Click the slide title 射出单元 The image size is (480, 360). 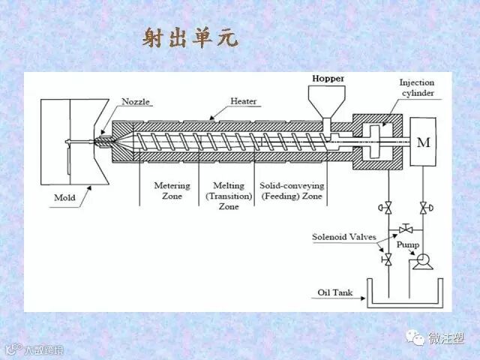click(190, 38)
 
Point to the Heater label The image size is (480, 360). click(243, 100)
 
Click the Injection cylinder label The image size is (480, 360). click(417, 88)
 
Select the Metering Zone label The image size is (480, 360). click(172, 190)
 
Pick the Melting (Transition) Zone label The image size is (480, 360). click(228, 195)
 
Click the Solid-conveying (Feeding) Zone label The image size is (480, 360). click(291, 190)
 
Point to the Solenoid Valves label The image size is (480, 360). click(344, 237)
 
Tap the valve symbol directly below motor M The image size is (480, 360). click(424, 207)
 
